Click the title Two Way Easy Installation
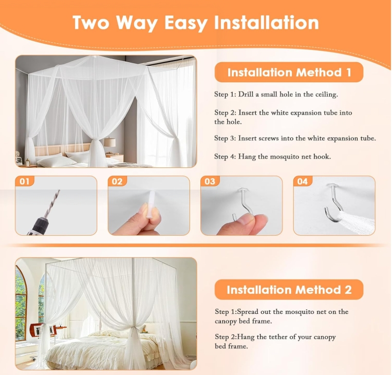(x=195, y=23)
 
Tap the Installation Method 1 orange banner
(x=289, y=72)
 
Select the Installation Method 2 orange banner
(x=289, y=290)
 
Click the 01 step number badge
(x=24, y=181)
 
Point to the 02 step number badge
(x=117, y=181)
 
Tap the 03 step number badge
(x=210, y=181)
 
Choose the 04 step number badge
(x=302, y=181)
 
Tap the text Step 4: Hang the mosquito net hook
(x=272, y=156)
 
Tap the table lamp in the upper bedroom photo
(x=109, y=143)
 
